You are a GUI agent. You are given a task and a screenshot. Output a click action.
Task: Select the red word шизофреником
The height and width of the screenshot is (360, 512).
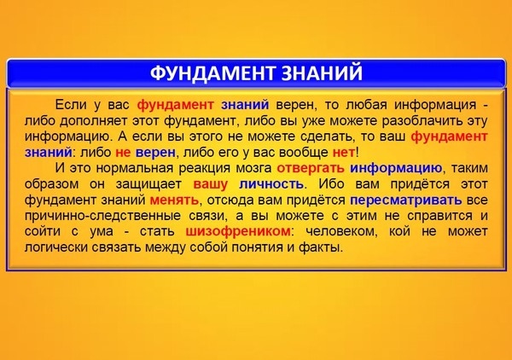238,231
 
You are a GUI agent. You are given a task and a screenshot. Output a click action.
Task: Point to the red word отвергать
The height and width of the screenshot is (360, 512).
311,168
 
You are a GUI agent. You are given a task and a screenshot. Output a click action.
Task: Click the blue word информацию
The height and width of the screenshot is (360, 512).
396,168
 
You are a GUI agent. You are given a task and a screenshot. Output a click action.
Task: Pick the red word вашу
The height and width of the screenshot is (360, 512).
210,184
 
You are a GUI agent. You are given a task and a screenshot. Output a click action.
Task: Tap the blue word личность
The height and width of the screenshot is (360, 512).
271,184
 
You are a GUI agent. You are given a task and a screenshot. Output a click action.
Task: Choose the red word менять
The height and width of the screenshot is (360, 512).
174,200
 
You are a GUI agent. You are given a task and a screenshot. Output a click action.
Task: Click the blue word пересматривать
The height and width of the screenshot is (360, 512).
406,200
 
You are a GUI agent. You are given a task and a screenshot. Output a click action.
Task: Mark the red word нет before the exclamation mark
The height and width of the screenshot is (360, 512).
344,153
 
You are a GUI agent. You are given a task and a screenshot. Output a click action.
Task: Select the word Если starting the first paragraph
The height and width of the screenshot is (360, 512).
71,105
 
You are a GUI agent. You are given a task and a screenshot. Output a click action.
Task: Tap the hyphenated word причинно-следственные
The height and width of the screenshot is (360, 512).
102,216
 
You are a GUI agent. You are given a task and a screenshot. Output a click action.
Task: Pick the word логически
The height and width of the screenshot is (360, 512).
56,247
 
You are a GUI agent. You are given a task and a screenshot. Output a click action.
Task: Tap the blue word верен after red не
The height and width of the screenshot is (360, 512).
155,153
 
